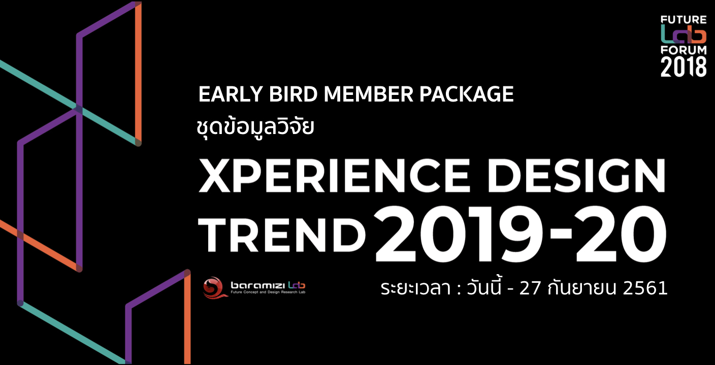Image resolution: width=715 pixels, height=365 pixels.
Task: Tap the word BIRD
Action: pos(294,94)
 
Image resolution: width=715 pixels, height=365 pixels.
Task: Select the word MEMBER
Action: pos(369,94)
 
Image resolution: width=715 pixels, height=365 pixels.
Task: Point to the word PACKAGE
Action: pos(466,94)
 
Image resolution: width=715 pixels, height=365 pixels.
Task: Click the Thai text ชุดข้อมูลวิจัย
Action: pos(255,127)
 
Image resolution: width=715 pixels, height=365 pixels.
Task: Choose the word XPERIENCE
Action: pos(334,176)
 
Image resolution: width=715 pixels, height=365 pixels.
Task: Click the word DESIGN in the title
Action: pos(577,176)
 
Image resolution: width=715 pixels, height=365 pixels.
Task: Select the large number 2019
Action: pos(458,234)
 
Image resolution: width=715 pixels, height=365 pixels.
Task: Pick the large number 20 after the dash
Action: pos(621,234)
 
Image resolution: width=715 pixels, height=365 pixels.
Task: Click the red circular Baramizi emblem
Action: pos(214,287)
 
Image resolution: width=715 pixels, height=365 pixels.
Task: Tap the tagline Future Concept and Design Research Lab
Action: pos(268,292)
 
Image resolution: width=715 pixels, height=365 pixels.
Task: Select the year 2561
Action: pos(645,288)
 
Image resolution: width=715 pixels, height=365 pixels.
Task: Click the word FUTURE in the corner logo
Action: pos(684,20)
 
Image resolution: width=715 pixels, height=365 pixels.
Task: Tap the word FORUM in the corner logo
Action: pos(684,50)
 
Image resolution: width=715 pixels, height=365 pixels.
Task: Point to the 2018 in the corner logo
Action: pos(684,67)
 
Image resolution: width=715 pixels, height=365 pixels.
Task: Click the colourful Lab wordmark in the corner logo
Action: pos(684,35)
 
